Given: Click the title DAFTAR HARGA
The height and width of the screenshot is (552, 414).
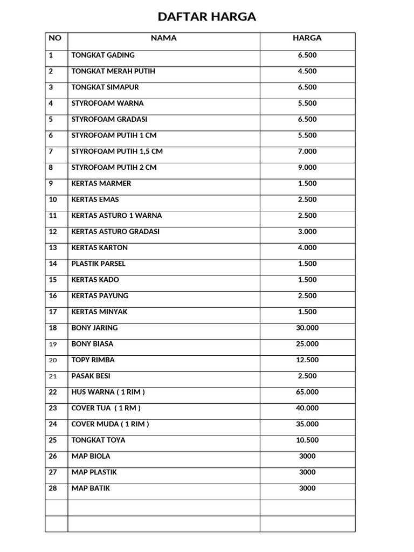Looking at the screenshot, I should coord(207,17).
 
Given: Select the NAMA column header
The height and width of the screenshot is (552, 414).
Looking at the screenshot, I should coord(163,38).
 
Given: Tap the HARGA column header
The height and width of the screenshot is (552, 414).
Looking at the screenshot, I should coord(307,38).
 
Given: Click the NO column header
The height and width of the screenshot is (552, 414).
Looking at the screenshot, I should coord(55,38).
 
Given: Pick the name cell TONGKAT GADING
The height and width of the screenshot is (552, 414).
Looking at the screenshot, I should coord(103,55).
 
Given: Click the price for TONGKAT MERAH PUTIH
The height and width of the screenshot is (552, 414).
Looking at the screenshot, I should coord(307,71).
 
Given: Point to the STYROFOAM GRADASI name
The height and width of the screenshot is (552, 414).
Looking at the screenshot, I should coord(109,119).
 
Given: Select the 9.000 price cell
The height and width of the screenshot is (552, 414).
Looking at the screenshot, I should coord(307,168).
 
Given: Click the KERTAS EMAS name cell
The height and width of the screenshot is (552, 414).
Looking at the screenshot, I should coord(95,199).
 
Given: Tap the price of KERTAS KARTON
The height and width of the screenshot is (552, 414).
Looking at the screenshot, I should coord(307,248).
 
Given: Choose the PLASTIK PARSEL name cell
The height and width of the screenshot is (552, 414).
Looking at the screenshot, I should coord(98,264).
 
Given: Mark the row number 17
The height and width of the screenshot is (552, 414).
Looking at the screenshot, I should coord(53,312).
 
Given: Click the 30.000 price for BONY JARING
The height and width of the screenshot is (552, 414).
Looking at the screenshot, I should coord(307,328).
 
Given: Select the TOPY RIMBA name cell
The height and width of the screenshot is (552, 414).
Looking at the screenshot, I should coord(93,360).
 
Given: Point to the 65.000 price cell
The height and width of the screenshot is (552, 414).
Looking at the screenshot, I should coord(307,392).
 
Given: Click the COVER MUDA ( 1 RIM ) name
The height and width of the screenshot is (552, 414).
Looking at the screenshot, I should coord(110,424).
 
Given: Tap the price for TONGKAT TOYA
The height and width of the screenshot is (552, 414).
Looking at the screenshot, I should coord(307,440).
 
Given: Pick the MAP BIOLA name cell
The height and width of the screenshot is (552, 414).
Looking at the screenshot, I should coord(91,456).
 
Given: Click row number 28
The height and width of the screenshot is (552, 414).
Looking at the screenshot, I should coord(53,488).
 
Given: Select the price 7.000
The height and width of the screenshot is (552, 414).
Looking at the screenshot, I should coord(307,151).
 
